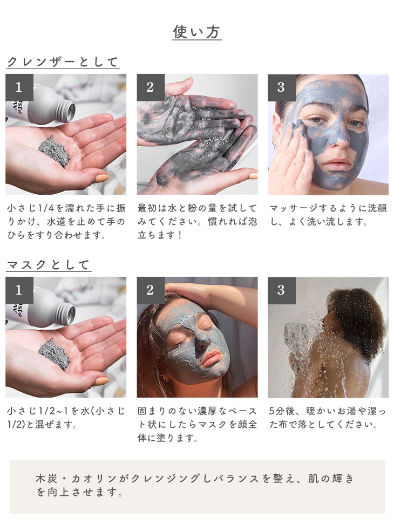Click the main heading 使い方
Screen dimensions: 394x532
point(197,32)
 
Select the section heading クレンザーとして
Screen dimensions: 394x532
point(63,62)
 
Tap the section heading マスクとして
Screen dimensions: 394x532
point(49,264)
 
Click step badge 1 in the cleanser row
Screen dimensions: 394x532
point(19,87)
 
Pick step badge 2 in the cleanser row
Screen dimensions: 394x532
point(151,87)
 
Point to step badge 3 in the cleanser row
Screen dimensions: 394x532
point(282,87)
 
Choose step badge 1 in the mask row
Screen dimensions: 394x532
point(19,290)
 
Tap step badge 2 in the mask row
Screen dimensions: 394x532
point(151,290)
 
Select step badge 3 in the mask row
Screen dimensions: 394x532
point(282,290)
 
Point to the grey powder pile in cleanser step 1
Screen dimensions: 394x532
point(54,151)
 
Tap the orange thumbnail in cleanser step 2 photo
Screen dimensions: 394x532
point(253,176)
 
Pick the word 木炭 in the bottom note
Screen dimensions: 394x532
point(46,479)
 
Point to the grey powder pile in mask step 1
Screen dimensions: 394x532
point(54,354)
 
